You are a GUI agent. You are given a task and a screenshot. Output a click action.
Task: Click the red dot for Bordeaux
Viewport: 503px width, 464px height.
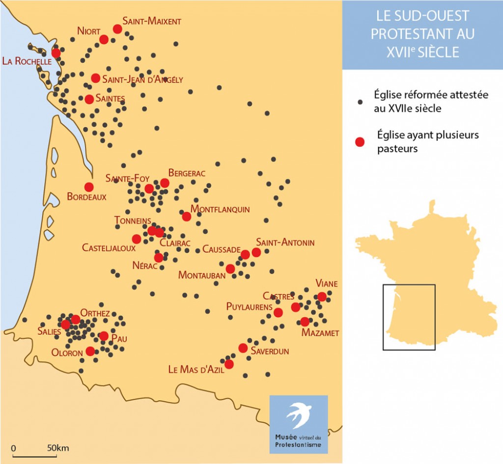click(x=89, y=187)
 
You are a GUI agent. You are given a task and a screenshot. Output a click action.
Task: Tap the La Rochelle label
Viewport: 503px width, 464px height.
click(x=27, y=61)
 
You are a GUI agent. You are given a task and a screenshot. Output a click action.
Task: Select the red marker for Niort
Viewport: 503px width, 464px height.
click(x=104, y=39)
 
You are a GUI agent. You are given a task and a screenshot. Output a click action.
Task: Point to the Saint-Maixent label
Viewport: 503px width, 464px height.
click(x=152, y=21)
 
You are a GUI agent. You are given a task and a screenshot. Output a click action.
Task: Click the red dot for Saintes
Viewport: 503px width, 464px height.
click(x=89, y=99)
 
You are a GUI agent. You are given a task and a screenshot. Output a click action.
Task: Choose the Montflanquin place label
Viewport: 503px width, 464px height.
click(x=220, y=209)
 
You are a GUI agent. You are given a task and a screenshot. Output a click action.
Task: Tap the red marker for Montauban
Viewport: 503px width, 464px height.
click(x=230, y=269)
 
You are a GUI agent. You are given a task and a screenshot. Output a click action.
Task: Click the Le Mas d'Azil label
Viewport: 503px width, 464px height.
click(x=196, y=370)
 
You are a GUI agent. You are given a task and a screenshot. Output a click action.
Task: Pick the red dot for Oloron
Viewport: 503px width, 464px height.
click(x=90, y=351)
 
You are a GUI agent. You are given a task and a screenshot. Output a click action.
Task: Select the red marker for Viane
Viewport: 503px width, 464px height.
click(x=322, y=297)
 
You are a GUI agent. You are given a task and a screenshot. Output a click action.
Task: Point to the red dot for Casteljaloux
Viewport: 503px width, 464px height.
click(x=137, y=239)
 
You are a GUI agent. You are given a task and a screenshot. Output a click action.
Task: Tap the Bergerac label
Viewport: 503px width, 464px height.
click(x=187, y=173)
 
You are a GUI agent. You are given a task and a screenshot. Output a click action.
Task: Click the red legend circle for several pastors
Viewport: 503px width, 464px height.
click(x=360, y=142)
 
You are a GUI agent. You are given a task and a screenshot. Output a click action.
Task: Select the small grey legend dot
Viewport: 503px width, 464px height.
click(x=360, y=102)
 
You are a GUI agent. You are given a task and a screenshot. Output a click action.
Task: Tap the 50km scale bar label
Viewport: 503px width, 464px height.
click(x=58, y=448)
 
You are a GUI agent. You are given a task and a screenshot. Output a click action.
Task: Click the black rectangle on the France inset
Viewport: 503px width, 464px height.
click(x=409, y=317)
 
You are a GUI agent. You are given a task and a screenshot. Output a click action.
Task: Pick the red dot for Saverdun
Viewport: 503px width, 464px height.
click(x=243, y=348)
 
